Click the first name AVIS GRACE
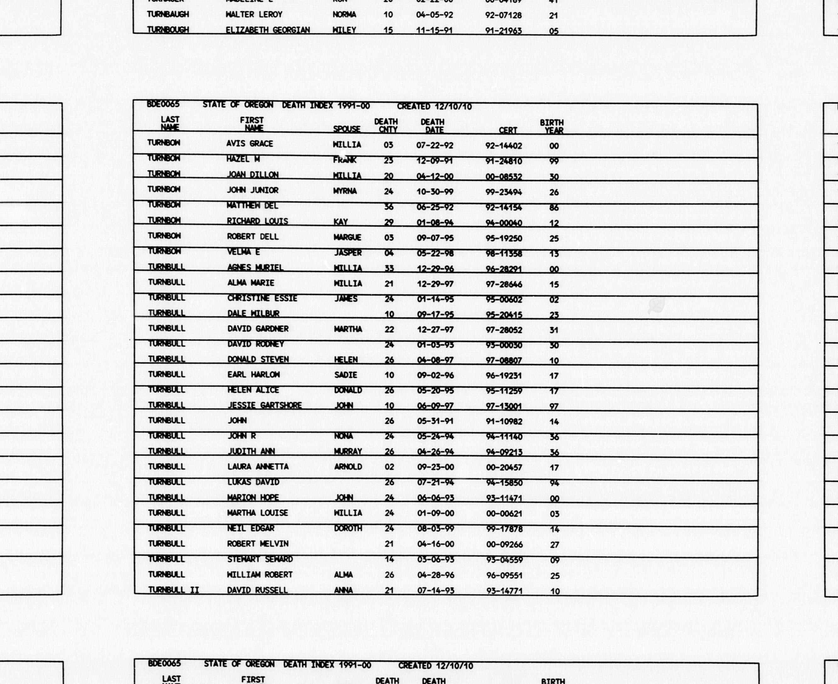(249, 144)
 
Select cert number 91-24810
(504, 161)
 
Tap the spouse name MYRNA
(345, 191)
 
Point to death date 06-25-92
(435, 207)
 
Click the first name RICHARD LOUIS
(257, 221)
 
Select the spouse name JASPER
(348, 253)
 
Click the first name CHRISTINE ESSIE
(262, 298)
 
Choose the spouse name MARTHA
(348, 329)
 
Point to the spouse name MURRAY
(348, 452)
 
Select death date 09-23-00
(436, 467)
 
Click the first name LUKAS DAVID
(253, 482)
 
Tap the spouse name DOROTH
(348, 528)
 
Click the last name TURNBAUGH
(168, 14)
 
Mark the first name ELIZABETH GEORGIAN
(268, 30)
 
